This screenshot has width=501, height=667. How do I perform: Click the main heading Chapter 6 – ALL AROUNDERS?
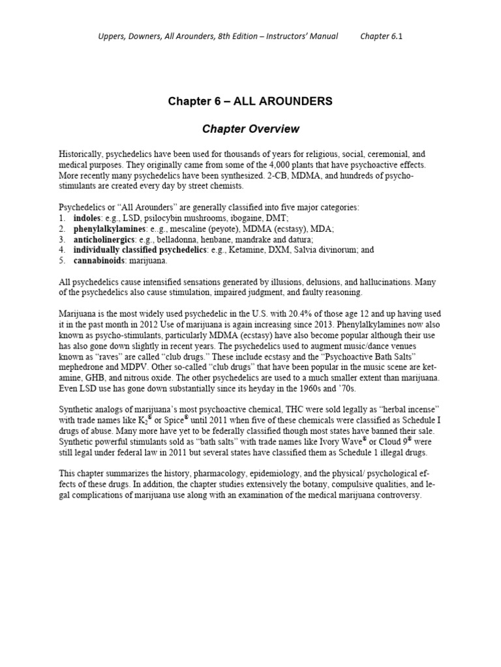tap(250, 101)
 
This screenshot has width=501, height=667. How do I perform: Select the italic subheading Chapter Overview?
tap(250, 129)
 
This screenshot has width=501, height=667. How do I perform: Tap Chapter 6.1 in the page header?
tap(382, 36)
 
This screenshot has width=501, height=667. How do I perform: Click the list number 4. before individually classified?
tap(62, 249)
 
